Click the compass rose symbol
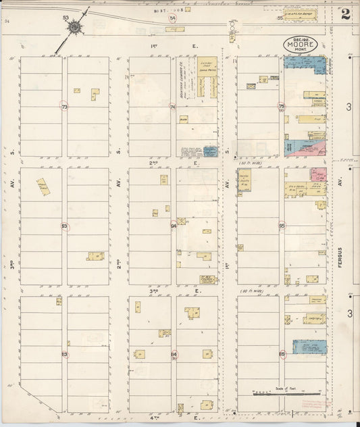coord(73,27)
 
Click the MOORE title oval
coord(299,45)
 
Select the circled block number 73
coord(64,107)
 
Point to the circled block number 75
coord(281,106)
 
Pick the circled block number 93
coord(64,226)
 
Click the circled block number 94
coord(174,226)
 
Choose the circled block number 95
coord(281,226)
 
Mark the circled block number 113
coord(64,354)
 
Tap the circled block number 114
coord(174,354)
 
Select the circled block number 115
coord(281,353)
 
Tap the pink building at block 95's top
coord(318,174)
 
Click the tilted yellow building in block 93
coord(43,187)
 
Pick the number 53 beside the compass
coord(66,17)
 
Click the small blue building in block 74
coord(210,151)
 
